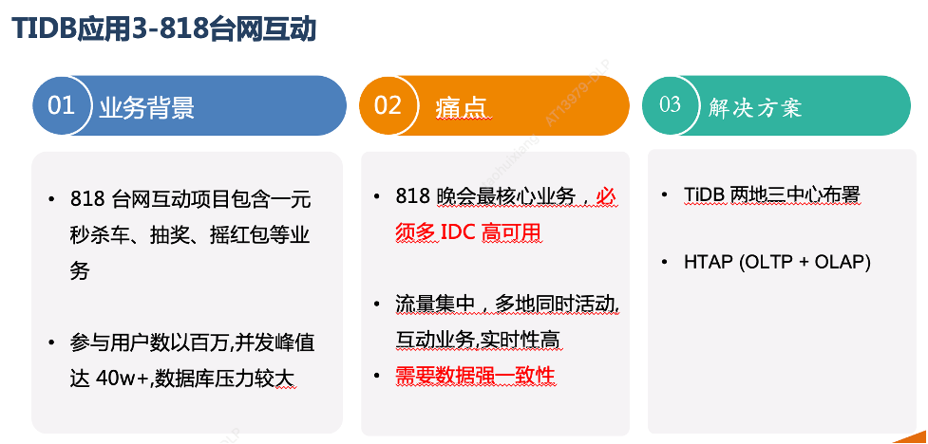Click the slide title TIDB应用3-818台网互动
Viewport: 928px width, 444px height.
(x=164, y=28)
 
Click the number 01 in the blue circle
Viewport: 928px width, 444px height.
(x=61, y=106)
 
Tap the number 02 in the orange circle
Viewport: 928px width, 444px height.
(x=388, y=106)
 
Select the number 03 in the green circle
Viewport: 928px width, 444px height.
(x=670, y=104)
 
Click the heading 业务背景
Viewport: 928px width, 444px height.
(x=147, y=108)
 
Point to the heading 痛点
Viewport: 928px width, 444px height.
(x=461, y=108)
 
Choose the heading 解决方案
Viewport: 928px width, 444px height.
(x=755, y=108)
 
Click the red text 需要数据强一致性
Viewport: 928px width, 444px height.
(x=475, y=376)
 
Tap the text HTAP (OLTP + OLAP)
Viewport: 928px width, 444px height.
(x=777, y=263)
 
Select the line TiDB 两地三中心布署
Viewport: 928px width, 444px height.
(x=771, y=194)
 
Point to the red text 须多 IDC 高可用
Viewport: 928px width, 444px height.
(x=468, y=233)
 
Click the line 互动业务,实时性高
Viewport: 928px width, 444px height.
(x=478, y=340)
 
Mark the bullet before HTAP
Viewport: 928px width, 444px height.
(x=665, y=262)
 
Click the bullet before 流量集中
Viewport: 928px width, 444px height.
(x=377, y=305)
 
